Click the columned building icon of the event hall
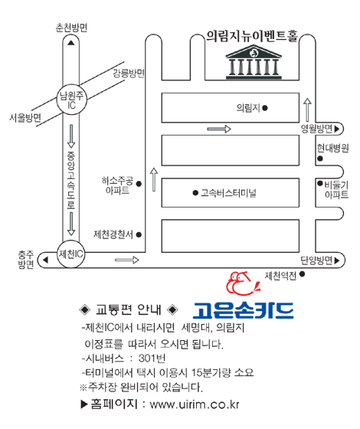[254, 62]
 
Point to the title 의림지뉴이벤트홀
[252, 37]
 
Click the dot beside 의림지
[265, 108]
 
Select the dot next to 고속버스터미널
[195, 193]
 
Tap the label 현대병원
[333, 148]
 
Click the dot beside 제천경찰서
[139, 234]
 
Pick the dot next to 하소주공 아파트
[139, 184]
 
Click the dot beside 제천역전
[302, 274]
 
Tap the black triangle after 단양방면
[337, 260]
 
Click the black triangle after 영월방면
[337, 129]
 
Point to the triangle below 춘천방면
[71, 43]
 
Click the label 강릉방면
[129, 74]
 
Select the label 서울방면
[25, 118]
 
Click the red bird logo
[242, 283]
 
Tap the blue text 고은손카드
[244, 310]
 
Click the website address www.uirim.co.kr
[195, 404]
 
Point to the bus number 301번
[152, 359]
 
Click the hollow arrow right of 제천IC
[127, 260]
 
